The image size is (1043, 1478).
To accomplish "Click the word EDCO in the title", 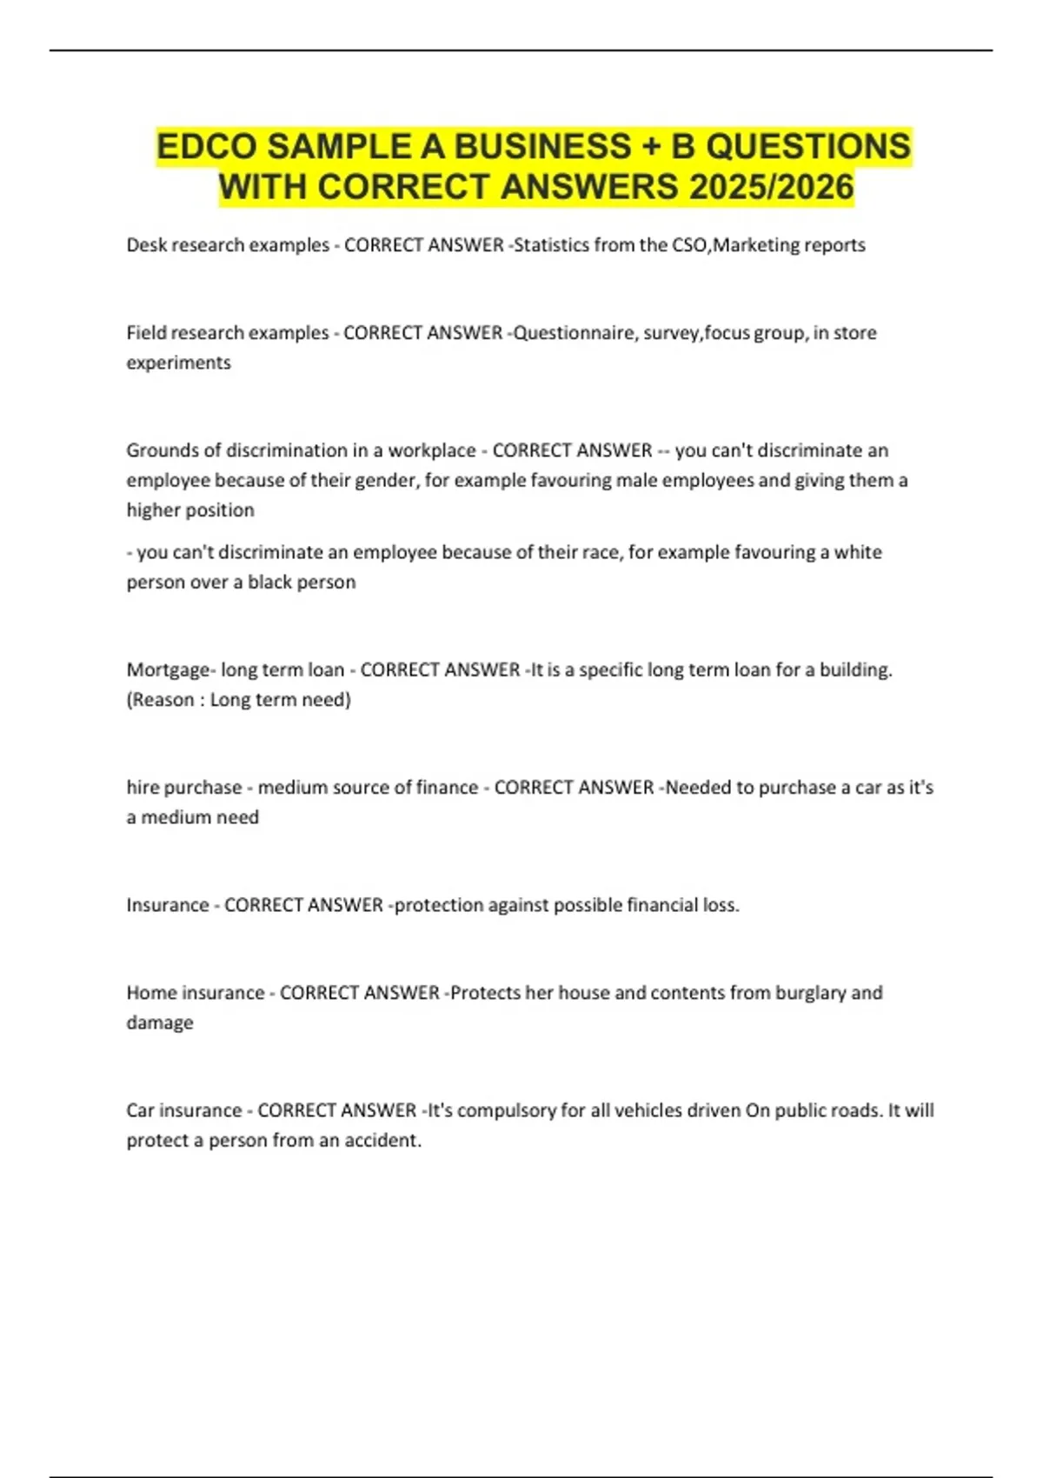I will tap(207, 146).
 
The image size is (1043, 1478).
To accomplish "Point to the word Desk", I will tap(146, 245).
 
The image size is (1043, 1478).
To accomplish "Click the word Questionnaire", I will tap(574, 333).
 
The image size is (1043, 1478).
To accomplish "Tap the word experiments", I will tap(178, 363).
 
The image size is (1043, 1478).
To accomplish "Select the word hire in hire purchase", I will tap(142, 788).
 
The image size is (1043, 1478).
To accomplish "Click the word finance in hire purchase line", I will tap(448, 788).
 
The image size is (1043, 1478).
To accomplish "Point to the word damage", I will tap(160, 1023).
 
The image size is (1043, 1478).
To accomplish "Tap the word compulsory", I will tap(507, 1111).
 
